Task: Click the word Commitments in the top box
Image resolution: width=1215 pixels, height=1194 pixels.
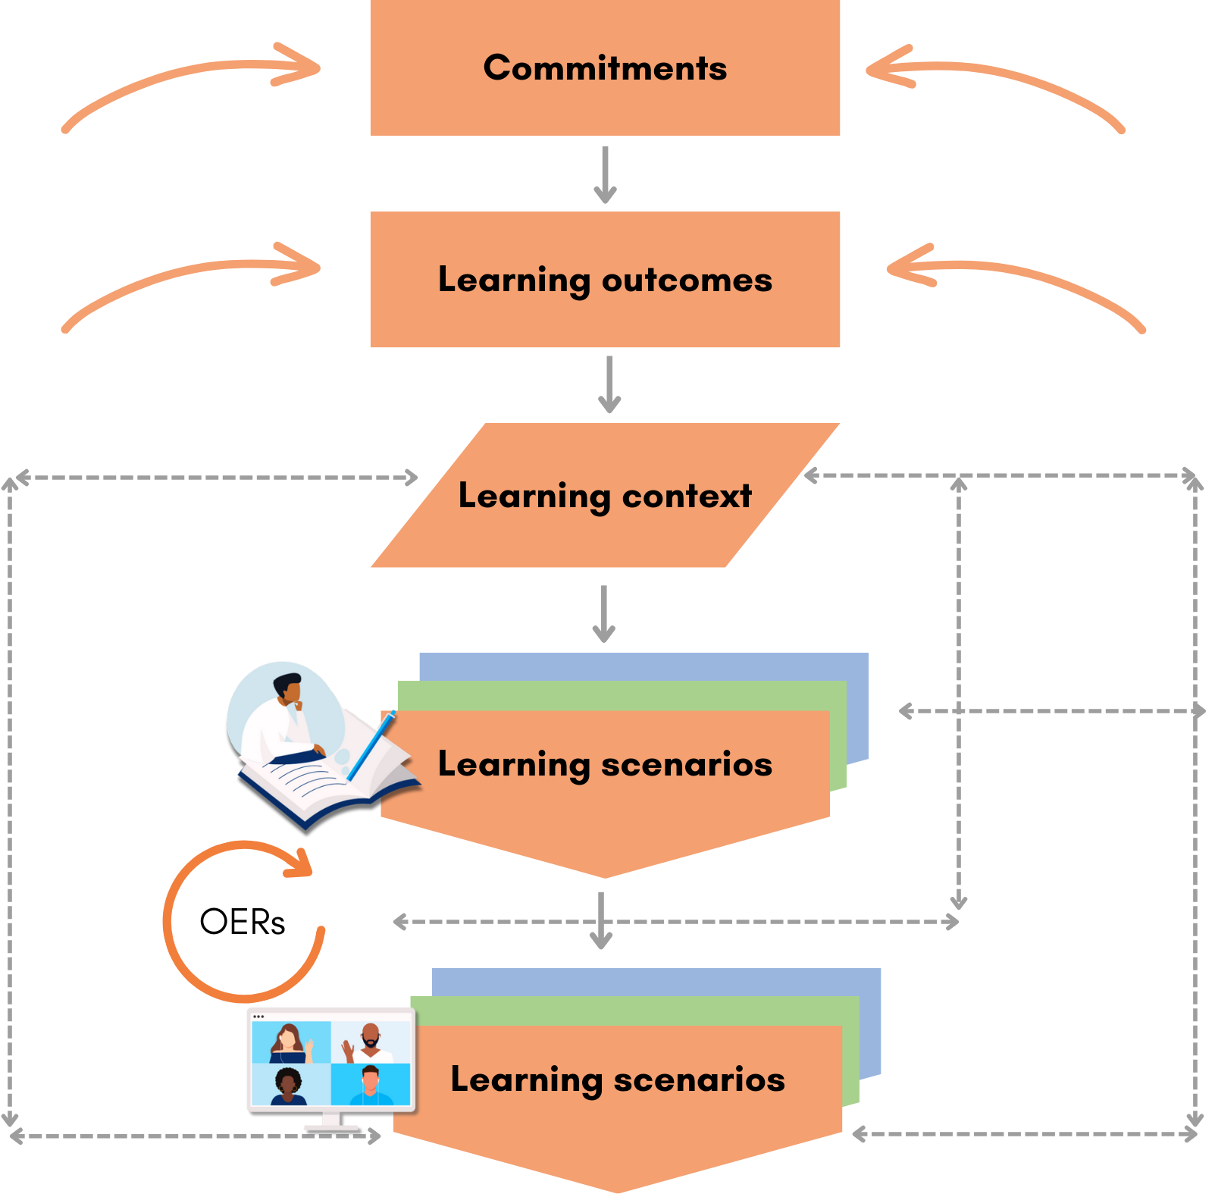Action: click(605, 68)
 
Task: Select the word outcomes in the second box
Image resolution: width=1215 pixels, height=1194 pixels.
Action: click(687, 280)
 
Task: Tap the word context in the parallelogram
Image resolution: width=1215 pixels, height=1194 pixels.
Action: click(687, 497)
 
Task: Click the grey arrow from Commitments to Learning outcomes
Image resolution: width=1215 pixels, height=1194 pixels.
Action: click(605, 174)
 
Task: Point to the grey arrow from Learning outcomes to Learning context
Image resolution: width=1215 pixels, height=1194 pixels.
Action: click(609, 384)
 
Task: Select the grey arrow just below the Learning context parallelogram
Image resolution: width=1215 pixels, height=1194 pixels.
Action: click(603, 613)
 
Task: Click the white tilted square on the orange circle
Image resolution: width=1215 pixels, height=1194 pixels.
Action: click(340, 890)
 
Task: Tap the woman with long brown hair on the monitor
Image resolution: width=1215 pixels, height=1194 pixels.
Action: click(288, 1042)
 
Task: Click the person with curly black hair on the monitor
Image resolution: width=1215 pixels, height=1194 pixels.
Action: click(288, 1085)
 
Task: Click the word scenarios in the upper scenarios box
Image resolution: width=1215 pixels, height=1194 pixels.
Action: click(687, 764)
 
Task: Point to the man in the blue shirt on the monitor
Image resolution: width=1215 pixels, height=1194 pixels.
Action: click(370, 1085)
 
